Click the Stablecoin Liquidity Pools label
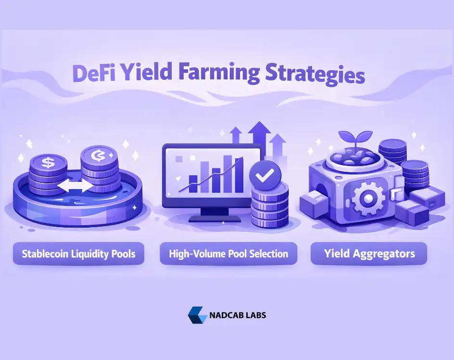(x=78, y=254)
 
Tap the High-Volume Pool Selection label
(x=228, y=254)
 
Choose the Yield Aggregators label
(x=369, y=254)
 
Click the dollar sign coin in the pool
(x=48, y=163)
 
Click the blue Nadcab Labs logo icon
(x=197, y=315)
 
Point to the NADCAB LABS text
(x=238, y=316)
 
